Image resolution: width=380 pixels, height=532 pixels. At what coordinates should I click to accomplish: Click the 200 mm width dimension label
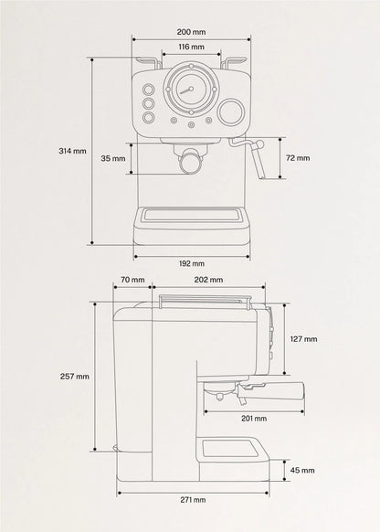[x=191, y=32]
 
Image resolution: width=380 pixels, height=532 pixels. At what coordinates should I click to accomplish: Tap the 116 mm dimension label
[x=191, y=47]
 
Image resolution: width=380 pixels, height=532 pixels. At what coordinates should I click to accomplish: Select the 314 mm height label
[x=72, y=151]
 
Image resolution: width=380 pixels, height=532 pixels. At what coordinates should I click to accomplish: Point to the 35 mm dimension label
[x=113, y=158]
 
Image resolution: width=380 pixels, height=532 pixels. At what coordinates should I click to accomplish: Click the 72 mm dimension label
[x=298, y=158]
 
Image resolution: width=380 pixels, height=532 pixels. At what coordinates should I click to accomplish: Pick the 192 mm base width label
[x=192, y=263]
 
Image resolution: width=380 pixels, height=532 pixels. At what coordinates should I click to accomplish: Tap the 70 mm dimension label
[x=132, y=280]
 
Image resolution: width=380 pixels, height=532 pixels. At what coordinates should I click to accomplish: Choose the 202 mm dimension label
[x=208, y=280]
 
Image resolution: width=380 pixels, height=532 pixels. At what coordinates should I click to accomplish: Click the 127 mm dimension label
[x=304, y=339]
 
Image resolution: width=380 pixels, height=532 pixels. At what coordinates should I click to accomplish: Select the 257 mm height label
[x=75, y=377]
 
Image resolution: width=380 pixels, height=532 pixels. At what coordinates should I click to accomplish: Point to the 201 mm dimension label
[x=254, y=419]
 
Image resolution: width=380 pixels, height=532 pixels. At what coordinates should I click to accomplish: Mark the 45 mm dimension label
[x=302, y=470]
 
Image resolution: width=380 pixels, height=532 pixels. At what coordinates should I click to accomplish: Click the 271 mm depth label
[x=193, y=500]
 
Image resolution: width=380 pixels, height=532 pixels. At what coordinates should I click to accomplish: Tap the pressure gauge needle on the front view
[x=185, y=90]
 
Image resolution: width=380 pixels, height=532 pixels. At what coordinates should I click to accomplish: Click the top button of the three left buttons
[x=148, y=90]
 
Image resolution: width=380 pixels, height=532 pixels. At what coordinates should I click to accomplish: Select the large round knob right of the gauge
[x=231, y=112]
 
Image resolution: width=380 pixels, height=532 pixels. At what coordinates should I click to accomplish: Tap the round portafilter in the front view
[x=190, y=163]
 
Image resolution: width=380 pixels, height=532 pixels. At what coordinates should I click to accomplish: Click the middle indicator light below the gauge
[x=191, y=125]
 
